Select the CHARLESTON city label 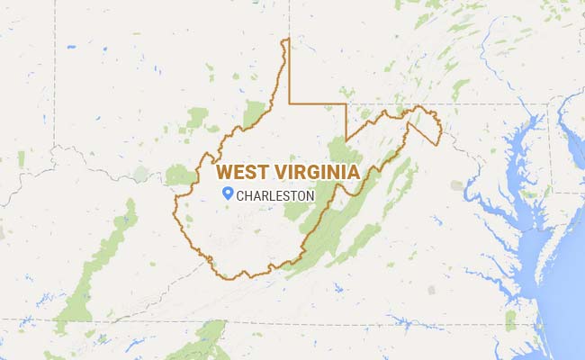pyautogui.click(x=275, y=195)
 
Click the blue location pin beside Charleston pyautogui.click(x=229, y=193)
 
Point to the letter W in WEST pyautogui.click(x=226, y=171)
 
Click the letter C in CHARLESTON pyautogui.click(x=241, y=195)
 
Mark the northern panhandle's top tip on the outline pyautogui.click(x=285, y=40)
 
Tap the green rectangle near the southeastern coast pyautogui.click(x=510, y=319)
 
